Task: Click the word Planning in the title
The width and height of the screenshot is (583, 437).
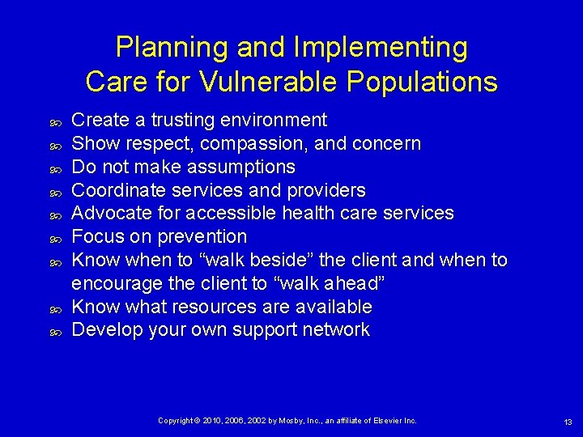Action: click(x=172, y=48)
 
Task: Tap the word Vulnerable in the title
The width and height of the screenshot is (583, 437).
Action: click(x=271, y=82)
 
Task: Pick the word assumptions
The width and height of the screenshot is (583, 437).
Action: click(x=240, y=168)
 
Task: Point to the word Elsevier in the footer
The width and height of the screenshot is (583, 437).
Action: click(x=391, y=421)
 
